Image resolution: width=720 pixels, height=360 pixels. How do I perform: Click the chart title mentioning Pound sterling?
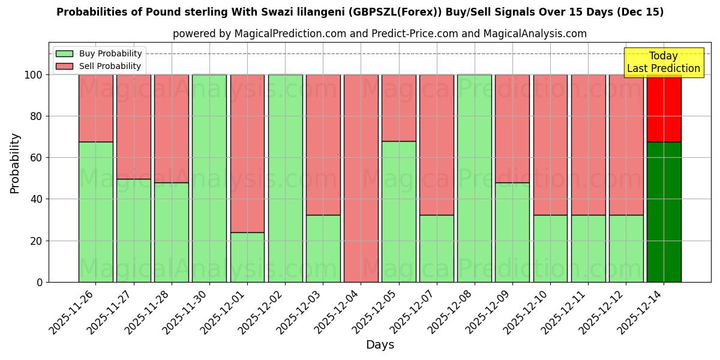(360, 12)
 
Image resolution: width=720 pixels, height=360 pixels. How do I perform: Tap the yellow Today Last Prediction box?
(663, 62)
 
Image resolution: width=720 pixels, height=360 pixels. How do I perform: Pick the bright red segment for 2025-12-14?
(664, 108)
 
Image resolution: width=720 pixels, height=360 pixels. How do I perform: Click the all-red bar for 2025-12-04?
(361, 178)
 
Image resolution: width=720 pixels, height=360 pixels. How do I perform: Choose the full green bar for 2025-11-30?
(209, 178)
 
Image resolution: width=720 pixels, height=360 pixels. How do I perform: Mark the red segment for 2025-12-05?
(398, 108)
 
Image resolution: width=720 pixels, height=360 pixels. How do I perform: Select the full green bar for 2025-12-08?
(474, 178)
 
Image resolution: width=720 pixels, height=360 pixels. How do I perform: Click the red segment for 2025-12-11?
(588, 145)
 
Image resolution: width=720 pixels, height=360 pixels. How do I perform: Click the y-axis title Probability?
(15, 163)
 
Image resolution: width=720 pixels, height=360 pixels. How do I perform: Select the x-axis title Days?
(380, 345)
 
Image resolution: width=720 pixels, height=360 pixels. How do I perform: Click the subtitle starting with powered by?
(380, 34)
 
